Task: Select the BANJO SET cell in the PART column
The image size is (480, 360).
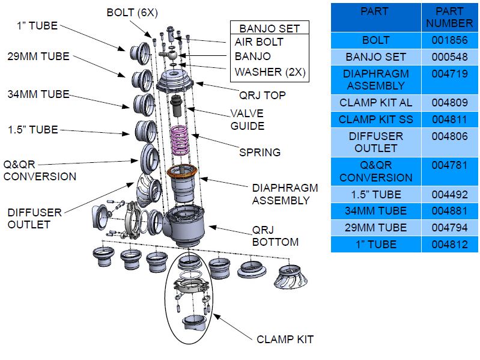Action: [x=375, y=57]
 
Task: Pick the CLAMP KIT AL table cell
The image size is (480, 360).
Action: [x=375, y=103]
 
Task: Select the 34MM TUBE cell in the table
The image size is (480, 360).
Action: [x=375, y=211]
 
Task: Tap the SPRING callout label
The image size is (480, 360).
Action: [x=260, y=152]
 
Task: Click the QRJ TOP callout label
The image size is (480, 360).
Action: [x=263, y=95]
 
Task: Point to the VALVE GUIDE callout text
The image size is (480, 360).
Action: [x=247, y=120]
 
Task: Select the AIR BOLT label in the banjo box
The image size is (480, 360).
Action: [x=258, y=42]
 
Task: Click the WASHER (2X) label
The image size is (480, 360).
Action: [x=270, y=72]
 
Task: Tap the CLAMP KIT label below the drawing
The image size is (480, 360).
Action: [x=285, y=340]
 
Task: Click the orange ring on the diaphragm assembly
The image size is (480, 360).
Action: [x=183, y=173]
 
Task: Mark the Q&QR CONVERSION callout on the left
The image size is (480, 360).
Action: [x=40, y=171]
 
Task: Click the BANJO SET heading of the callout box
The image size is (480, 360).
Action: [x=269, y=28]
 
